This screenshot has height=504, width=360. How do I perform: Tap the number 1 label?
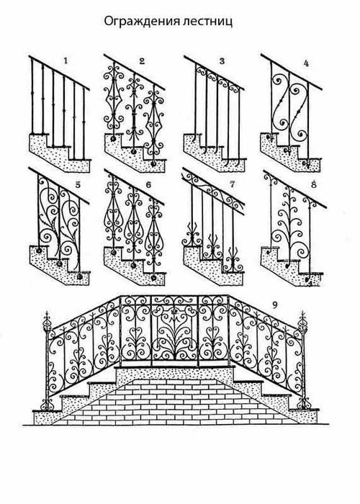(x=66, y=60)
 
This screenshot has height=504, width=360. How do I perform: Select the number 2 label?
(x=142, y=61)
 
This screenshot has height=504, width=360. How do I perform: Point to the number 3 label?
(x=222, y=61)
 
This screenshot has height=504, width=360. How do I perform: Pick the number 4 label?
(x=306, y=63)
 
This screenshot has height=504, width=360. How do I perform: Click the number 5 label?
(x=78, y=185)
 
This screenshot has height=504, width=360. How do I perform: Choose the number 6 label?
(x=148, y=185)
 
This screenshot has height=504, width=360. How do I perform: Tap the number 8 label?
(x=314, y=185)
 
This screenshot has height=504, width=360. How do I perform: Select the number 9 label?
(x=274, y=305)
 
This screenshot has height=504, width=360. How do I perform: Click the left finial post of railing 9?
(x=48, y=360)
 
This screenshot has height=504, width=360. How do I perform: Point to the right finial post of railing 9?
(x=302, y=360)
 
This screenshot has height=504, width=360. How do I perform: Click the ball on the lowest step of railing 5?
(x=79, y=276)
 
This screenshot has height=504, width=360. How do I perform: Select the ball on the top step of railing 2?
(x=113, y=139)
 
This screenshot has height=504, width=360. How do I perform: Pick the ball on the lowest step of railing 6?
(x=153, y=277)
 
